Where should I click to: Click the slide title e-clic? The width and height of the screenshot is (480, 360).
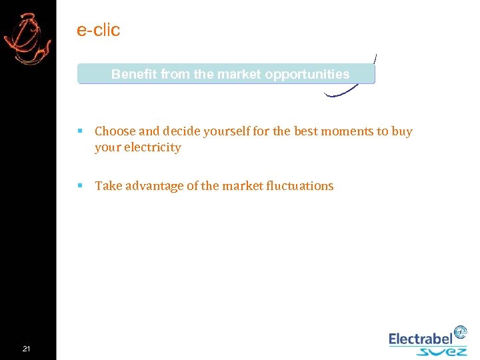tap(98, 30)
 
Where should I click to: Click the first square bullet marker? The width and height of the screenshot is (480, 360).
tap(80, 131)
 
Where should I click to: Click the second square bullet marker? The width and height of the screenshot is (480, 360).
tap(80, 186)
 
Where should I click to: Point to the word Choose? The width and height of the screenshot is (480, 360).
tap(115, 131)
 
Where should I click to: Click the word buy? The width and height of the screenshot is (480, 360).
tap(402, 131)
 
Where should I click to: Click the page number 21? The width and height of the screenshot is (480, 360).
tap(26, 349)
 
